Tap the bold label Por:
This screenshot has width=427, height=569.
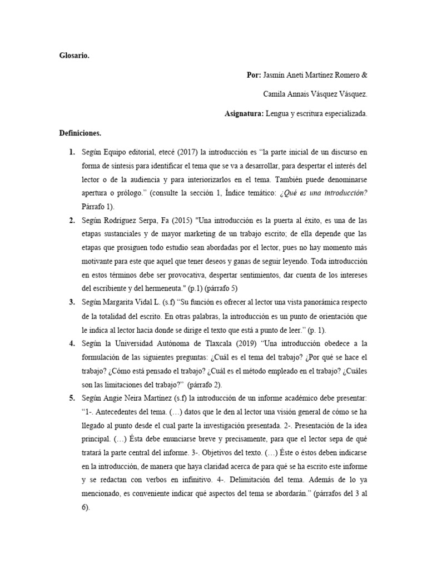pyautogui.click(x=254, y=75)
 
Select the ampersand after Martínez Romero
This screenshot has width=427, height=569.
pyautogui.click(x=364, y=75)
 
